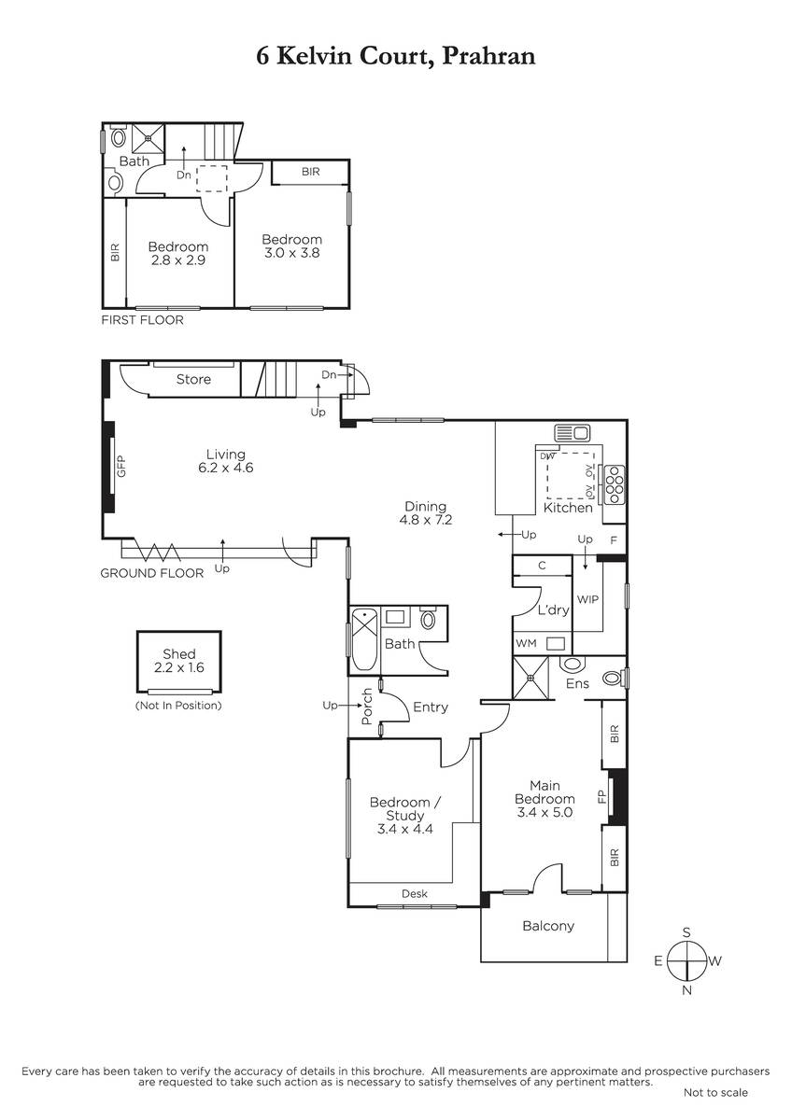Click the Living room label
tap(226, 454)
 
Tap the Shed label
tap(178, 653)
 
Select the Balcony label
tap(548, 926)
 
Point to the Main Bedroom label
tap(544, 792)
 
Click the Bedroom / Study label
tap(404, 809)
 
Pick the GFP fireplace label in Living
tap(121, 467)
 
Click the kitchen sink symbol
tap(572, 432)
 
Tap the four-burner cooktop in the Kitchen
tap(615, 484)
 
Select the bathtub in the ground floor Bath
tap(364, 639)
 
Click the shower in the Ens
tap(530, 678)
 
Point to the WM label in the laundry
tap(526, 643)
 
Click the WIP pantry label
tap(587, 599)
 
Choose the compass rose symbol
tap(687, 960)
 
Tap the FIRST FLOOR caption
tap(143, 320)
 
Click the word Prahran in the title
tap(489, 55)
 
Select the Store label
tap(193, 379)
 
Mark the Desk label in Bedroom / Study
tap(415, 893)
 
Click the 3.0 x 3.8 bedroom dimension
tap(291, 253)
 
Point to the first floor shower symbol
tap(148, 138)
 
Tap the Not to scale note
tap(715, 1093)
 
